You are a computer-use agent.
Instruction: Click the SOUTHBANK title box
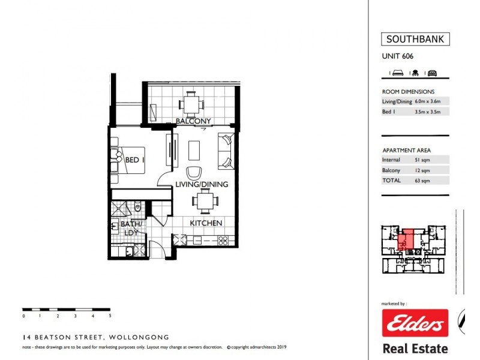pos(415,40)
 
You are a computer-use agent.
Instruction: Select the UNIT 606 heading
pos(398,57)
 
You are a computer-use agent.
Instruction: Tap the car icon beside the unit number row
pos(432,73)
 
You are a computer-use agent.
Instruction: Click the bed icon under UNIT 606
pos(397,73)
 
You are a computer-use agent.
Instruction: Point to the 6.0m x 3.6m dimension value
pos(431,101)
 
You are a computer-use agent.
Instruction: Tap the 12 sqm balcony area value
pos(423,170)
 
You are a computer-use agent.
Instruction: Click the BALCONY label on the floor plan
pos(193,121)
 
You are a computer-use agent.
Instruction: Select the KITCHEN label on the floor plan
pos(206,223)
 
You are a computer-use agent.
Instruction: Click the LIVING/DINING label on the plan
pos(201,184)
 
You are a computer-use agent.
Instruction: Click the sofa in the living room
pos(226,151)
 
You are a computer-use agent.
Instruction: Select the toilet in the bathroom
pos(138,208)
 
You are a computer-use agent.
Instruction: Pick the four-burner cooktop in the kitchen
pos(222,241)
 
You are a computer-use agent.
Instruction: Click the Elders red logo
pos(415,324)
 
